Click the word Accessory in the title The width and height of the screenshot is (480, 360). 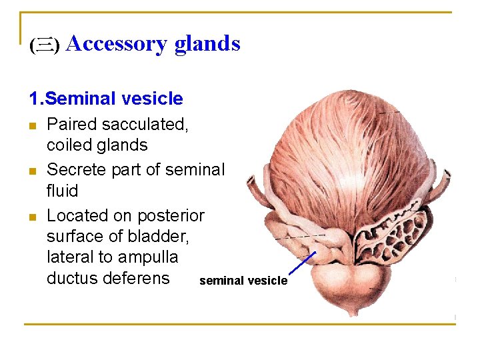tap(117, 44)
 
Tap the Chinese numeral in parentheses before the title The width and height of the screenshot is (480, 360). tap(45, 45)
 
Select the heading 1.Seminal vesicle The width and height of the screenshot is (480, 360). tap(105, 99)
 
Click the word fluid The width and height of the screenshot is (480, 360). tap(63, 191)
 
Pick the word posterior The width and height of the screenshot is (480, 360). tap(171, 216)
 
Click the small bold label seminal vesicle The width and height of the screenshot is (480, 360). tap(243, 281)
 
